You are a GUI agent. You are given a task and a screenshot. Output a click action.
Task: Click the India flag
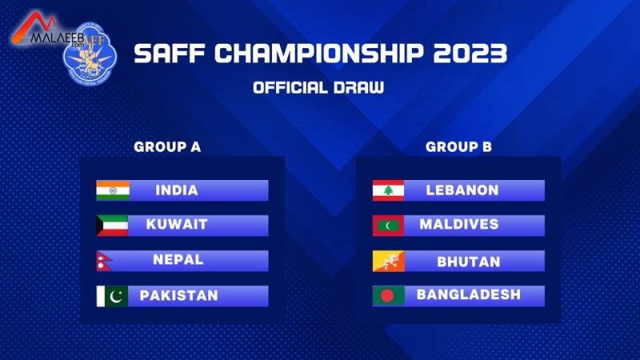113,190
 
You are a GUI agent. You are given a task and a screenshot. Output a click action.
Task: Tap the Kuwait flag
112,226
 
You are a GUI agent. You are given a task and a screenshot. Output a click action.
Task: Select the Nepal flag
104,262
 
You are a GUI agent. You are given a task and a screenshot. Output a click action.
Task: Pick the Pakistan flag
112,296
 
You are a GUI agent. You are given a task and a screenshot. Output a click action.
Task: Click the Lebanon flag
388,190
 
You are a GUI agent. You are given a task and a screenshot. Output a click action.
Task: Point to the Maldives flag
388,226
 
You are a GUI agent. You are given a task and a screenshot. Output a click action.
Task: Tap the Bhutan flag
388,262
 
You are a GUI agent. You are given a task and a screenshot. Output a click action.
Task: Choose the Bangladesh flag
388,296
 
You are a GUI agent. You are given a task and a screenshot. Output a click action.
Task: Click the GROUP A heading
167,147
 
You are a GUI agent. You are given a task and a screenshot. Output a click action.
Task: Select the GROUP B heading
458,147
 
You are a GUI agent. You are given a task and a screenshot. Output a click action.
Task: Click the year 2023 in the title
470,54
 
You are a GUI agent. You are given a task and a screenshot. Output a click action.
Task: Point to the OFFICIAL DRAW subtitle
318,88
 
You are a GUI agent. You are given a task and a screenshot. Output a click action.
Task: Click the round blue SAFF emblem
90,54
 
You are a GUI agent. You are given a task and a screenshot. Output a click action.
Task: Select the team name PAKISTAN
178,295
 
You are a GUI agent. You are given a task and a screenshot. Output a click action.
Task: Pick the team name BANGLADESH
469,294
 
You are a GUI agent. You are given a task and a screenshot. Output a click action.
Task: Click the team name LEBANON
462,190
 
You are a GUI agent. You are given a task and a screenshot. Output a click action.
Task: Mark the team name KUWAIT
177,225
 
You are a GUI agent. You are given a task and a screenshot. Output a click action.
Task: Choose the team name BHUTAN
469,262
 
